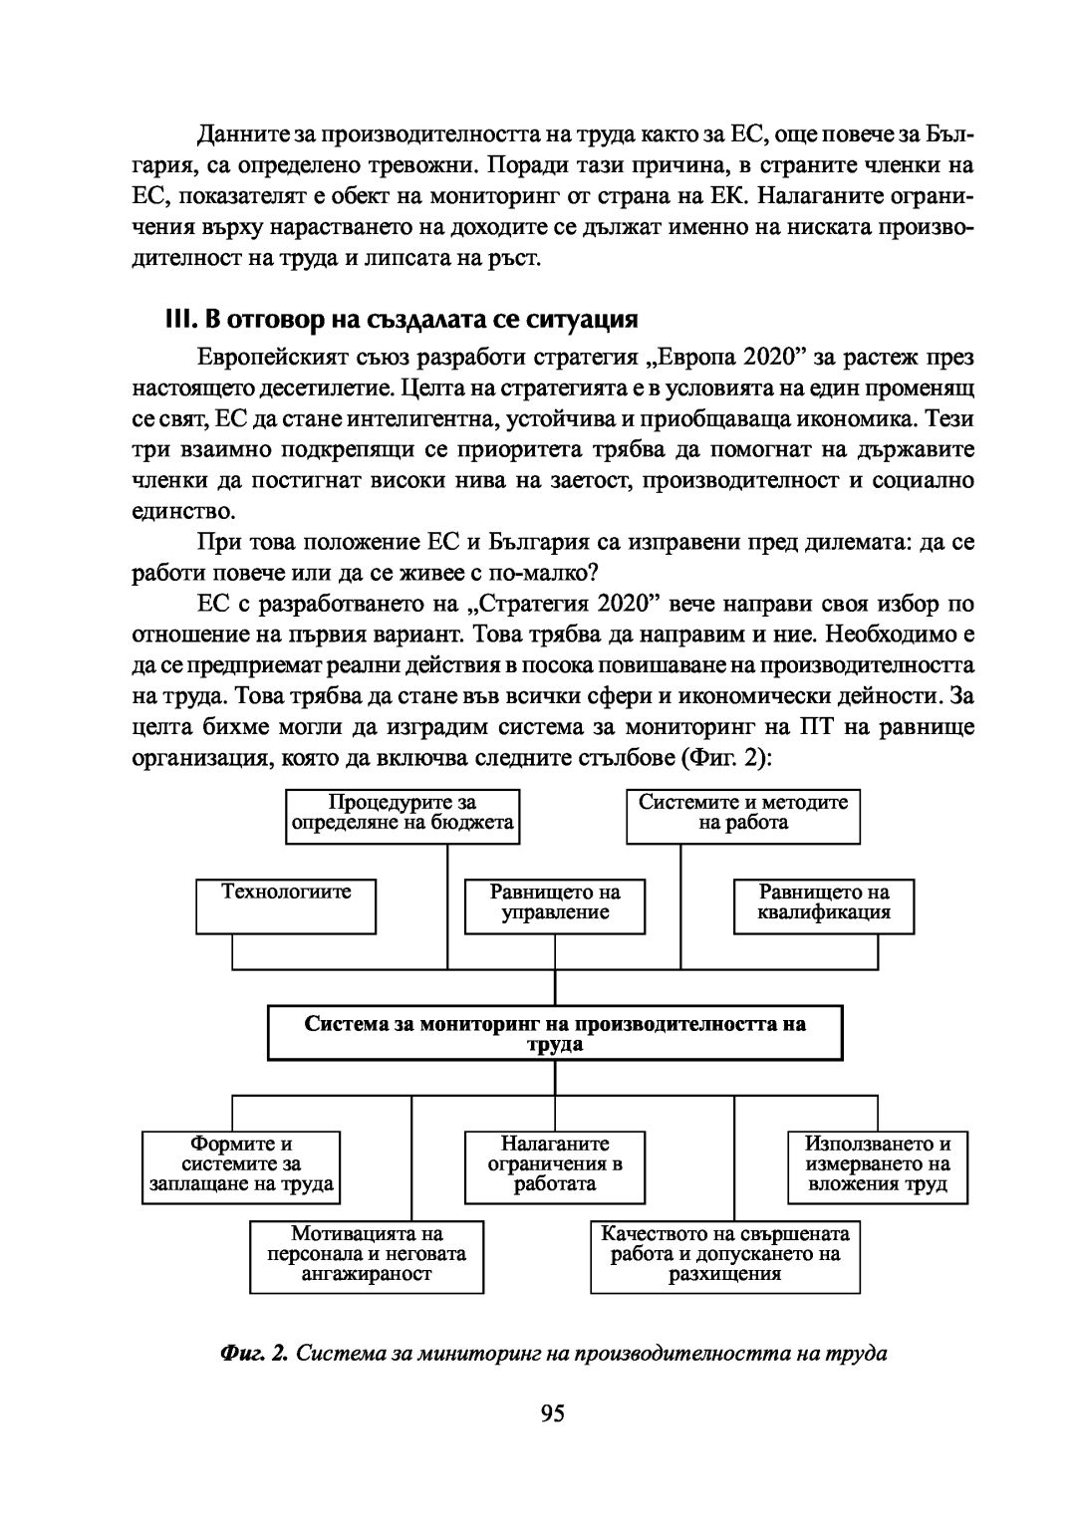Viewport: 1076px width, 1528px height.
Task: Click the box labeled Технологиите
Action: pos(286,904)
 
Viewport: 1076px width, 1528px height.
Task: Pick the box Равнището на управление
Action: pos(555,904)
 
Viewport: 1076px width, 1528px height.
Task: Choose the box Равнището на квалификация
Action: pos(824,904)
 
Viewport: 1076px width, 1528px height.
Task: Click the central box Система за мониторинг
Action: pos(555,1033)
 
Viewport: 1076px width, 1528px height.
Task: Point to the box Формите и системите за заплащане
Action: pos(241,1165)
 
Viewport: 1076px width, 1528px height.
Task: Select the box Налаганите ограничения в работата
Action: pos(555,1165)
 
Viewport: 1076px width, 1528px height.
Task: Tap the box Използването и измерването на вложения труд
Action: pos(878,1165)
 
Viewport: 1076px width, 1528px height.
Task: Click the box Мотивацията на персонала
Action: pos(367,1255)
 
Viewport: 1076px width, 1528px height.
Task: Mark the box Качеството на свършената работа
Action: pos(725,1255)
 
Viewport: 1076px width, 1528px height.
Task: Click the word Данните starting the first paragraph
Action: pos(235,133)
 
